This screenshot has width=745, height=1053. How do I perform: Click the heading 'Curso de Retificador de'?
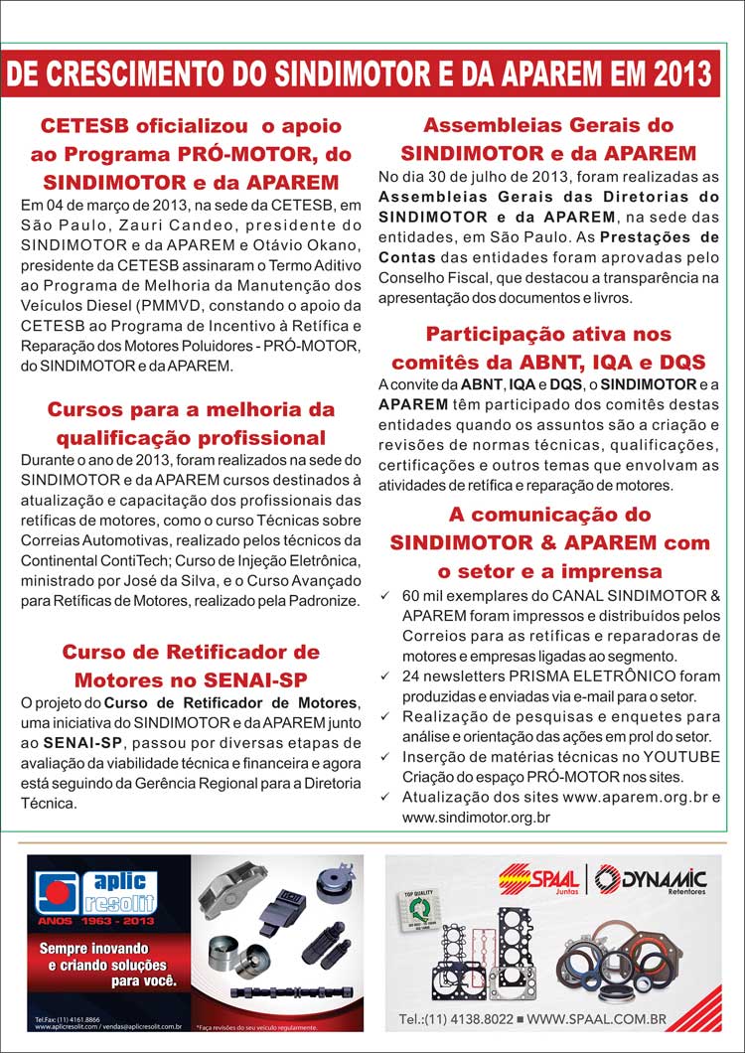(x=191, y=652)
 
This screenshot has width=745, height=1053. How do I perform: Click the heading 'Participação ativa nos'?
(x=548, y=334)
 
